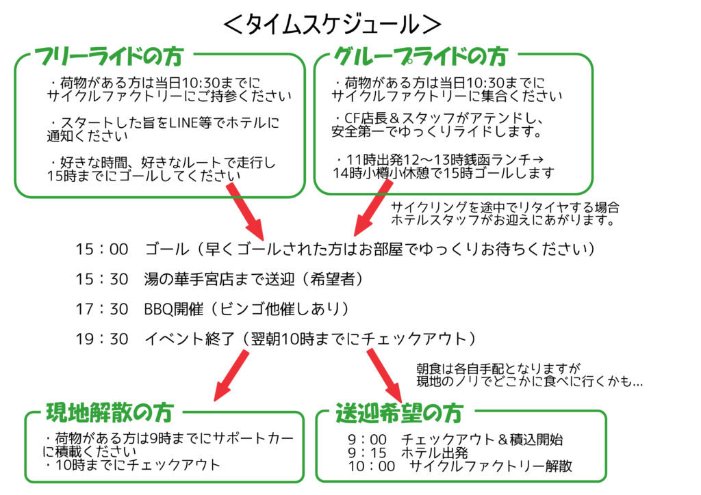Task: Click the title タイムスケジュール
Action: tap(333, 24)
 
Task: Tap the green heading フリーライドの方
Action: tap(109, 57)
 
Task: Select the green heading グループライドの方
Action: tap(421, 57)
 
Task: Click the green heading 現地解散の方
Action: tap(110, 412)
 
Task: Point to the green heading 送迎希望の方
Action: tap(400, 413)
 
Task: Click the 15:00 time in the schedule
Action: tap(102, 249)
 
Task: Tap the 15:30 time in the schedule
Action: tap(102, 280)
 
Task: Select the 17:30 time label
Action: tap(102, 309)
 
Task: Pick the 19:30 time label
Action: tap(102, 339)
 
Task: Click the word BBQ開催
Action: tap(173, 309)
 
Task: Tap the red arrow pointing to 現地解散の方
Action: tap(231, 375)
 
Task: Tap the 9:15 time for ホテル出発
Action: tap(367, 453)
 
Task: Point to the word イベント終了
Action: tap(190, 339)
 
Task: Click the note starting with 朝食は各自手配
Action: tap(530, 375)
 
